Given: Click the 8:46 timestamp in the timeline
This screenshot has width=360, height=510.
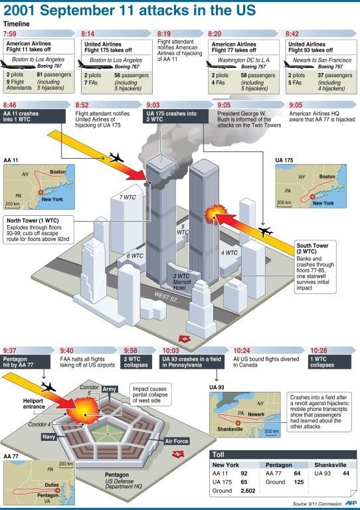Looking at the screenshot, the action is pyautogui.click(x=9, y=105).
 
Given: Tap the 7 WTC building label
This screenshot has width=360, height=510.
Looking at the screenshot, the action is pyautogui.click(x=128, y=197).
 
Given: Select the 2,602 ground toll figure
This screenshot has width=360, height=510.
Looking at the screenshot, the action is pyautogui.click(x=248, y=491).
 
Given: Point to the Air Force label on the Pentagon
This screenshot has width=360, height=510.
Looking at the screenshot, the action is pyautogui.click(x=176, y=441).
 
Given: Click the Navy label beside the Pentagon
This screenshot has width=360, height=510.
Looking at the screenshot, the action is pyautogui.click(x=48, y=437).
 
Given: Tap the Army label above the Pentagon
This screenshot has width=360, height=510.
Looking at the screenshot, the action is pyautogui.click(x=109, y=389).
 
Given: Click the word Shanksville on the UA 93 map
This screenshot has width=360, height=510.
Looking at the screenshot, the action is pyautogui.click(x=230, y=429).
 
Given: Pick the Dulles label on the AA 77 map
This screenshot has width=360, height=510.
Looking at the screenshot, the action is pyautogui.click(x=51, y=485).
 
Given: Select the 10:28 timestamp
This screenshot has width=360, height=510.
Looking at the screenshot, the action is pyautogui.click(x=318, y=351).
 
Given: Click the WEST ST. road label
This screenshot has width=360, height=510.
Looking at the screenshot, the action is pyautogui.click(x=166, y=297).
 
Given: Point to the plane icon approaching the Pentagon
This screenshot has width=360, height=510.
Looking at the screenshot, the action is pyautogui.click(x=48, y=387).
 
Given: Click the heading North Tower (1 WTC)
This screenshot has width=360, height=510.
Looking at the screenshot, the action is pyautogui.click(x=33, y=220).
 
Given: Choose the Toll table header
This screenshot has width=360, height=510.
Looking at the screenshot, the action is pyautogui.click(x=219, y=454).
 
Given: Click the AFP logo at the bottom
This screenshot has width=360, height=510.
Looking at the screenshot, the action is pyautogui.click(x=351, y=503).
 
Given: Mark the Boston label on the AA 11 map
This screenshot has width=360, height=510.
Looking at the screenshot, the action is pyautogui.click(x=58, y=171).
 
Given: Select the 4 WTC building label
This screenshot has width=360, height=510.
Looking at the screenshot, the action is pyautogui.click(x=229, y=252).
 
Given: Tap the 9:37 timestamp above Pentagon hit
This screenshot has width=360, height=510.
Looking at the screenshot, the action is pyautogui.click(x=9, y=351).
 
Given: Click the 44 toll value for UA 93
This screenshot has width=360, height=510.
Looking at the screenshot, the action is pyautogui.click(x=345, y=473).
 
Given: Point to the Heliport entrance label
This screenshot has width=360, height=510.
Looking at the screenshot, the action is pyautogui.click(x=34, y=404).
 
